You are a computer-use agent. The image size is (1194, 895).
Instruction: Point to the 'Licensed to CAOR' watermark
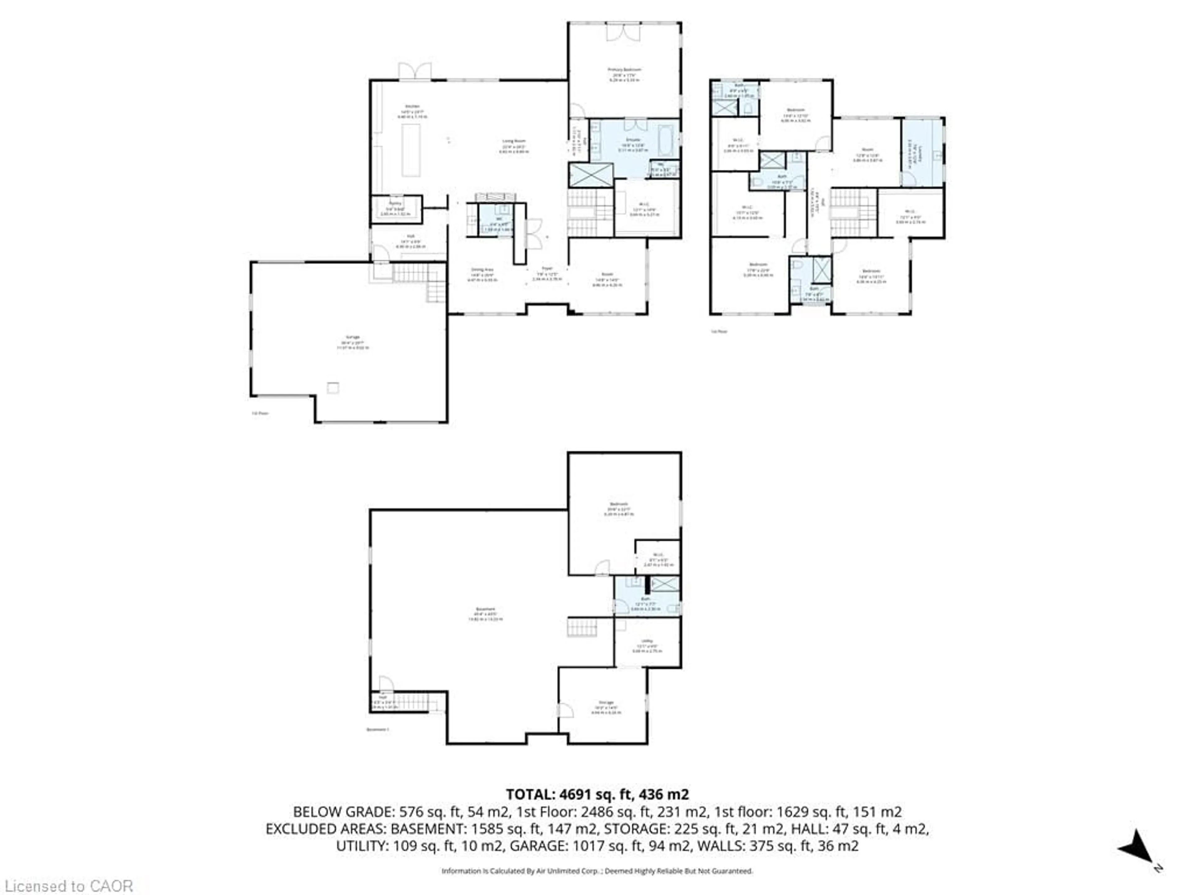pos(68,886)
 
